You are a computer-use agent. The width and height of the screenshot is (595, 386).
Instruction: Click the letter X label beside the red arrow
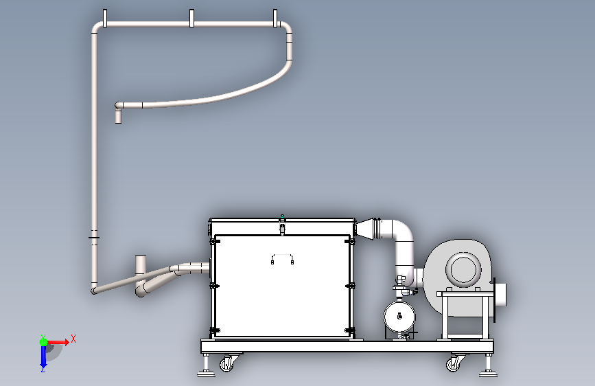[73, 338]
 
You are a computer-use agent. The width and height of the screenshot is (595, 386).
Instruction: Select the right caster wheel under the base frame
[454, 363]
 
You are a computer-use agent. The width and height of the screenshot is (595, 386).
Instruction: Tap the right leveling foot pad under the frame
[488, 373]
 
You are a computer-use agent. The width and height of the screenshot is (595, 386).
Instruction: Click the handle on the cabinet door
[283, 259]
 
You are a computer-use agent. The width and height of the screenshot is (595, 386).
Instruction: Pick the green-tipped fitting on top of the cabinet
[281, 217]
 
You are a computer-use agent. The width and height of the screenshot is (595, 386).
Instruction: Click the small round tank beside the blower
[400, 317]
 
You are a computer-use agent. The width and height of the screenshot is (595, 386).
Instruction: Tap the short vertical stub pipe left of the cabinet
[141, 264]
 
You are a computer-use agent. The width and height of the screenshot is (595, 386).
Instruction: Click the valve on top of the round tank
[401, 283]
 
